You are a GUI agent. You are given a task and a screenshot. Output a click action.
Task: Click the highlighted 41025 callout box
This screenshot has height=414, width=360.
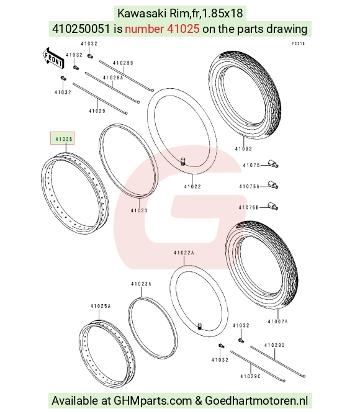pos(62,138)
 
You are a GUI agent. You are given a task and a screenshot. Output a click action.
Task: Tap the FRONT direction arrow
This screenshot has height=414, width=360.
pos(53,59)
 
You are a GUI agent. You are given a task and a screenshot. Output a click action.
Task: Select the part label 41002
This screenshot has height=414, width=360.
pos(243,148)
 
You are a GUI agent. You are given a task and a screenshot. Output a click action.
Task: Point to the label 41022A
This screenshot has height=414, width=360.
pos(184,253)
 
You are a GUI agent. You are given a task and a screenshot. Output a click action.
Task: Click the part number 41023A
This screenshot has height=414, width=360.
pos(141,284)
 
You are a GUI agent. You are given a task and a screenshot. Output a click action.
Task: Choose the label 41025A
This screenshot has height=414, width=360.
pos(101,306)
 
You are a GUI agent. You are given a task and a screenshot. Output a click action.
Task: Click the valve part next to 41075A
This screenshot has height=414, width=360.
pos(273,184)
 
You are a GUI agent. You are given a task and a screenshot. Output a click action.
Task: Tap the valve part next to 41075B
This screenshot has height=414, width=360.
pos(273,206)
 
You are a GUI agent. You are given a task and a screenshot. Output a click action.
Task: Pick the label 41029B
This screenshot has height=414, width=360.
pos(123,63)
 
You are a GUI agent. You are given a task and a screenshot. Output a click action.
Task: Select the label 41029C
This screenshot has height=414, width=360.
pos(250,376)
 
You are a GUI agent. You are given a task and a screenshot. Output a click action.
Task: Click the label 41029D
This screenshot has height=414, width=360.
pos(274,345)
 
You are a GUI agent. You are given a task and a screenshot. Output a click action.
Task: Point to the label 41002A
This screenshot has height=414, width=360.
pos(277,322)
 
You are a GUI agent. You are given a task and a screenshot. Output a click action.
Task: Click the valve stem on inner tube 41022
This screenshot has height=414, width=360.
pos(182,161)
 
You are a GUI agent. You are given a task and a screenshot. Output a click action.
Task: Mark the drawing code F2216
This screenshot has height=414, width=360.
pos(298,43)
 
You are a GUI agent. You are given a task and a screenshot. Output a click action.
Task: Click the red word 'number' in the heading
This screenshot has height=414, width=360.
pos(144,29)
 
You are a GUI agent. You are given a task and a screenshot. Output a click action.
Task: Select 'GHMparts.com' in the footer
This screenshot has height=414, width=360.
pos(153,400)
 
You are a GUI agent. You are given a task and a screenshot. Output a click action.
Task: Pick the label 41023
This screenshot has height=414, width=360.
pos(139,210)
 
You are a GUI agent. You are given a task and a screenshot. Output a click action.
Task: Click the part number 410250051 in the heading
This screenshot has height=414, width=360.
pos(81,29)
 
